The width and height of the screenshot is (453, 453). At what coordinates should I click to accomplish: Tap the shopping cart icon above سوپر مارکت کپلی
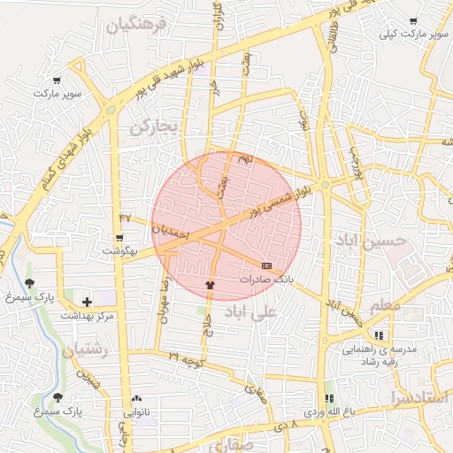click(x=412, y=21)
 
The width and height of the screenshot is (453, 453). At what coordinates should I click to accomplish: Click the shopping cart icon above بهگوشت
click(x=119, y=238)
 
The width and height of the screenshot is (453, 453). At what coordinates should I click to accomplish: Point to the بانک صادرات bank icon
click(x=266, y=265)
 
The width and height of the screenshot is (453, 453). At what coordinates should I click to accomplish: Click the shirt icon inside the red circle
click(x=210, y=285)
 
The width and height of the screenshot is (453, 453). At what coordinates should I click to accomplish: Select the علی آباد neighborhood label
click(x=251, y=311)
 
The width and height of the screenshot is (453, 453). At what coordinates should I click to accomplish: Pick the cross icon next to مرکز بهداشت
click(x=86, y=302)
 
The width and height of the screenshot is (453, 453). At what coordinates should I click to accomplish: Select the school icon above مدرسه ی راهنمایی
click(x=380, y=335)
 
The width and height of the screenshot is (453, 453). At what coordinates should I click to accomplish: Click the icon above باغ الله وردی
click(x=331, y=398)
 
